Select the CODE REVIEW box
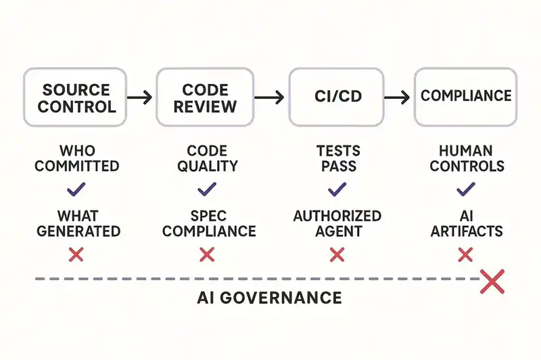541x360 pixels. click(x=206, y=97)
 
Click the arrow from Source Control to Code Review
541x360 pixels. click(x=140, y=98)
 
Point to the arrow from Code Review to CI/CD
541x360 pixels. click(x=271, y=98)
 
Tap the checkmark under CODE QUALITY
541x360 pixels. click(x=207, y=188)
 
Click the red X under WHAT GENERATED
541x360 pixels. click(x=76, y=254)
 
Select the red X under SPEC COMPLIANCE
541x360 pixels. click(x=207, y=254)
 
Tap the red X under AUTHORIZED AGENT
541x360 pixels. click(x=337, y=254)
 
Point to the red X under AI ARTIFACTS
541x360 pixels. click(x=465, y=254)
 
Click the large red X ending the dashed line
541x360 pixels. click(x=492, y=281)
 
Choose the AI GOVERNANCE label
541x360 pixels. click(x=270, y=298)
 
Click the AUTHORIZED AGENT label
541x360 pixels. click(x=337, y=224)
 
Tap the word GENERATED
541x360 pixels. click(x=78, y=231)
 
